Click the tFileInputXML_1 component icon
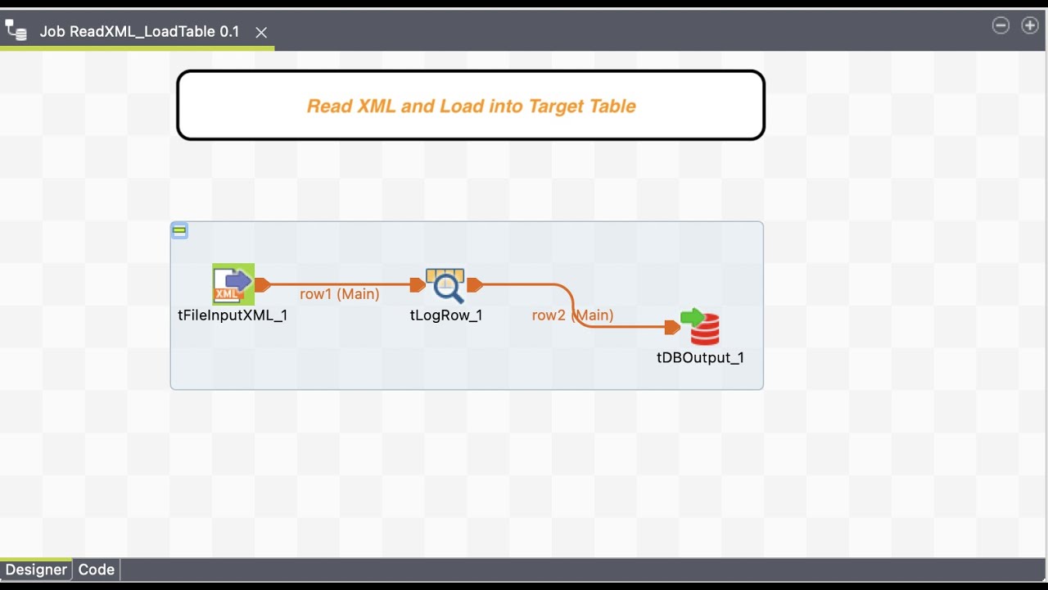click(x=233, y=284)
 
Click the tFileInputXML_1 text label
click(x=233, y=315)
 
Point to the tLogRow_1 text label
click(x=446, y=315)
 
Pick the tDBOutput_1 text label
click(x=700, y=357)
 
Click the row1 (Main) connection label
click(x=340, y=293)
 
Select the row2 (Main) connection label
click(x=572, y=315)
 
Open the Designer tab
click(x=36, y=570)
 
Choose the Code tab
click(x=96, y=570)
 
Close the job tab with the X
click(x=261, y=32)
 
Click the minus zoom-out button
click(x=1001, y=25)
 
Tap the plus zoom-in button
click(x=1030, y=25)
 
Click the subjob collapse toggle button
click(x=179, y=231)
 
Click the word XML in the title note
click(x=375, y=106)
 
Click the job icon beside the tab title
click(x=16, y=31)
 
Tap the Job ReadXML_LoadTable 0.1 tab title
click(x=140, y=32)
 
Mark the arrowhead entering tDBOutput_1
click(x=672, y=328)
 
